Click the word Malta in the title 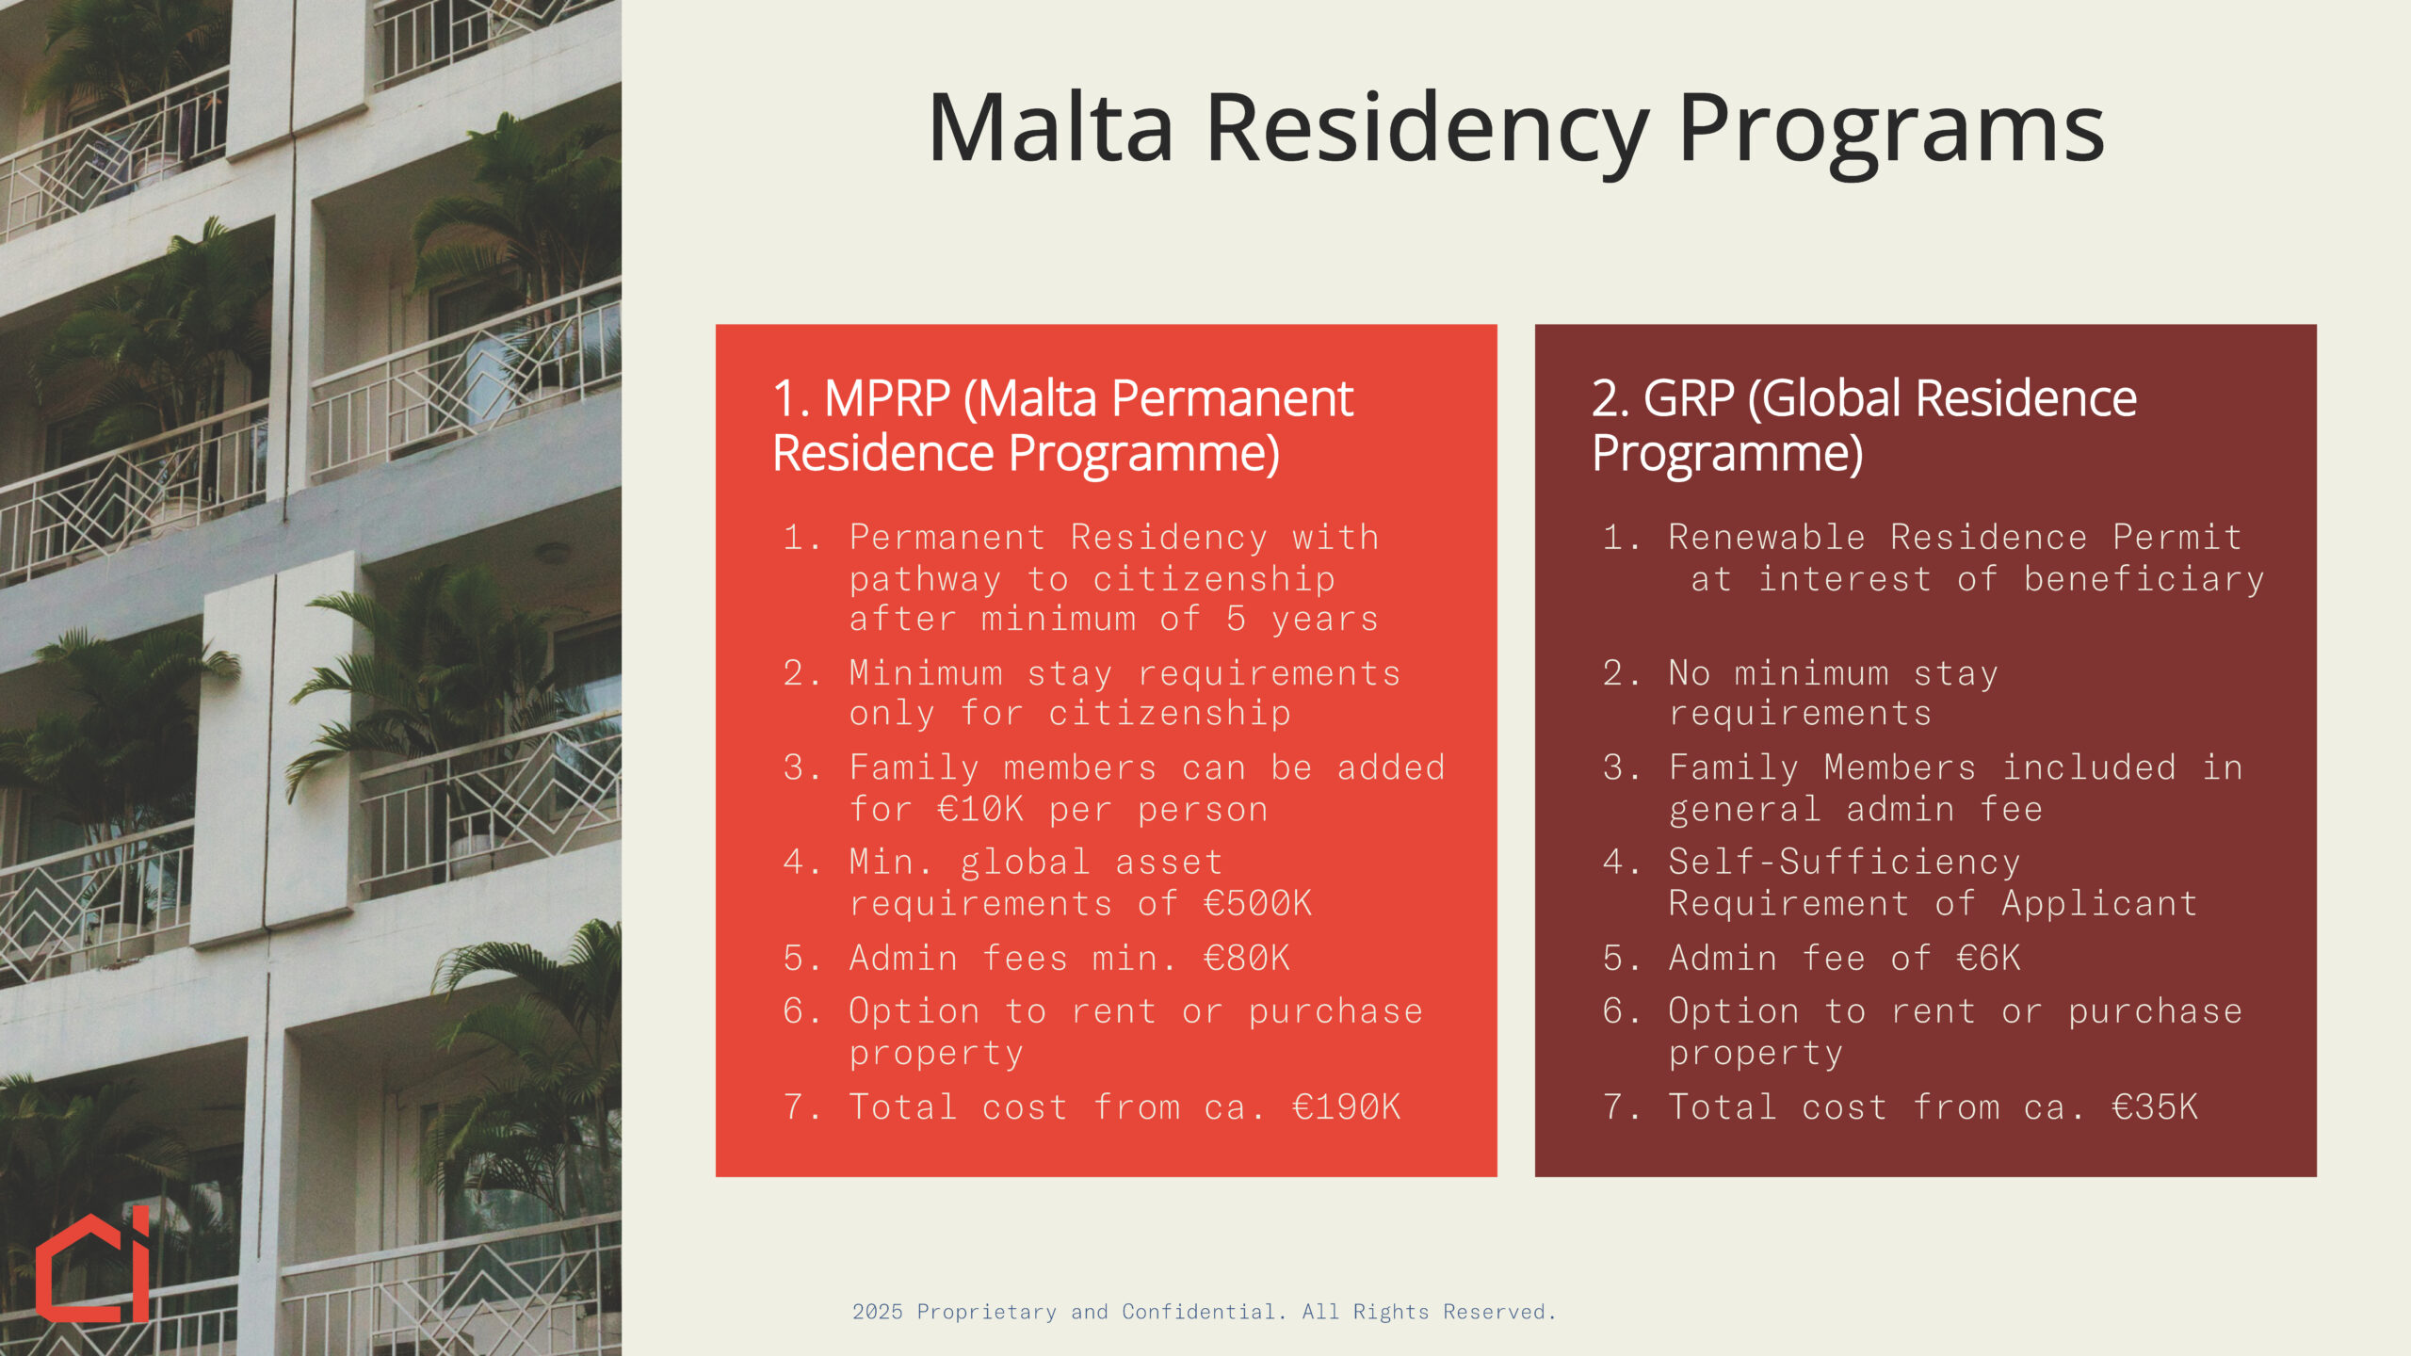click(1051, 128)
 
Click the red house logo click(92, 1264)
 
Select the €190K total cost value click(1347, 1106)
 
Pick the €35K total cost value click(2155, 1106)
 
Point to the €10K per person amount click(980, 809)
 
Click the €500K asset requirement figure click(1258, 903)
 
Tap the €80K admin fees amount click(1247, 958)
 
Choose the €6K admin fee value click(1988, 958)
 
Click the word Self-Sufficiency click(1844, 862)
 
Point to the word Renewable click(1767, 537)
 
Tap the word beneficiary click(2144, 579)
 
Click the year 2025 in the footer click(878, 1312)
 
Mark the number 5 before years click(1237, 619)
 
